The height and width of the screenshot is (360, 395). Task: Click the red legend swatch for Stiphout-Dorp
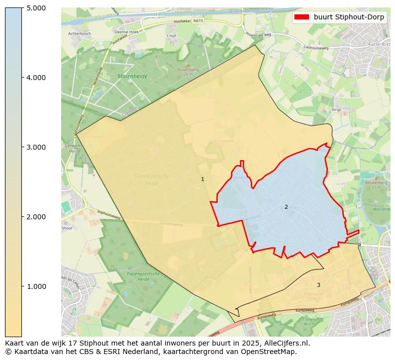[301, 17]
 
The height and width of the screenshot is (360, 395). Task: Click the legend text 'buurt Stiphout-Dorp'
[349, 17]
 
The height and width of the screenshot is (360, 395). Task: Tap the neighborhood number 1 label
[202, 179]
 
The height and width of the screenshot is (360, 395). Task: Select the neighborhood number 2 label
[286, 207]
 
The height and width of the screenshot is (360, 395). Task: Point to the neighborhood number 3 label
[318, 285]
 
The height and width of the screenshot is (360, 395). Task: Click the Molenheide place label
[133, 77]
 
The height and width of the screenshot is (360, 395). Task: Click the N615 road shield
[198, 21]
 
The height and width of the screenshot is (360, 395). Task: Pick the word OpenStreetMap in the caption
[271, 352]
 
